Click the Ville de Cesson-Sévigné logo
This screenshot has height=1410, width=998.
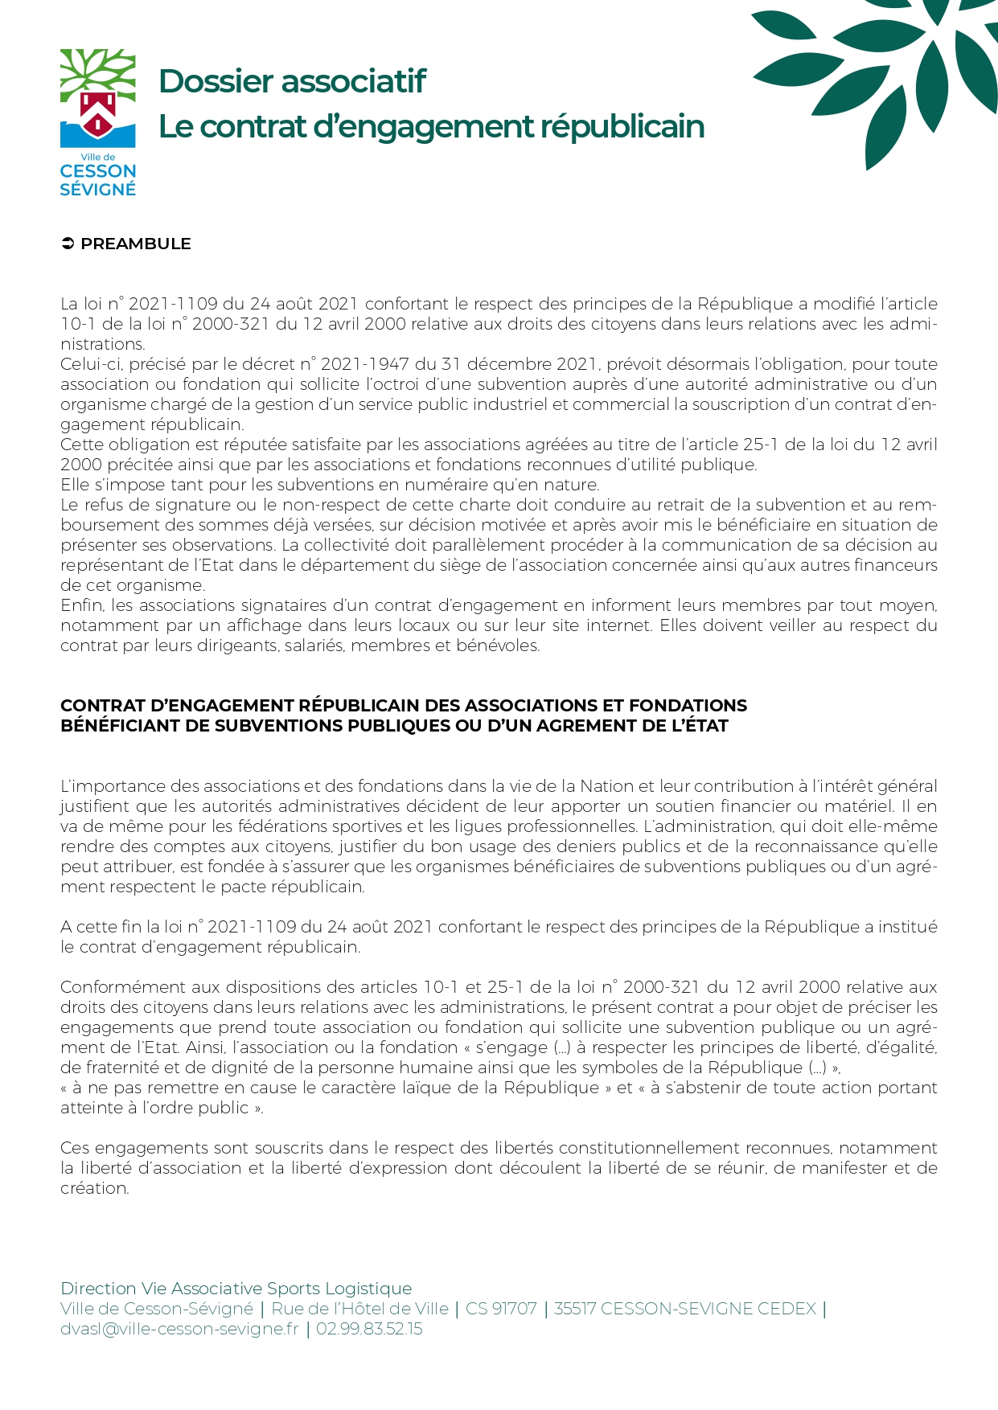coord(98,122)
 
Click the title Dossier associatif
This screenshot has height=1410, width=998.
coord(292,81)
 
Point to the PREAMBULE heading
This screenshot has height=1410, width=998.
coord(136,244)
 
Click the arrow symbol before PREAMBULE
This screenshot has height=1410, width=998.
coord(68,244)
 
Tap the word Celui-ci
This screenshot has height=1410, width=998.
coord(88,364)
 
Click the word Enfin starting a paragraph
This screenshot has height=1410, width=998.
coord(82,605)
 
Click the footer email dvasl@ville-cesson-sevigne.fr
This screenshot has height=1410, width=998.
coord(179,1329)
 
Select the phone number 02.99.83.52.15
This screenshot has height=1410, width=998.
coord(369,1329)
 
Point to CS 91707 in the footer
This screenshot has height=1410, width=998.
coord(501,1309)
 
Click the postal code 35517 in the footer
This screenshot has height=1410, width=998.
coord(575,1309)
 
